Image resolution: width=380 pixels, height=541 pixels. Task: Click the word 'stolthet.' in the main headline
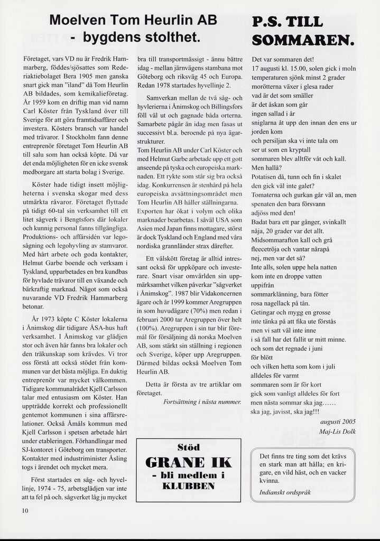pyautogui.click(x=169, y=38)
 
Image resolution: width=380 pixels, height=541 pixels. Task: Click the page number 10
pyautogui.click(x=25, y=510)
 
